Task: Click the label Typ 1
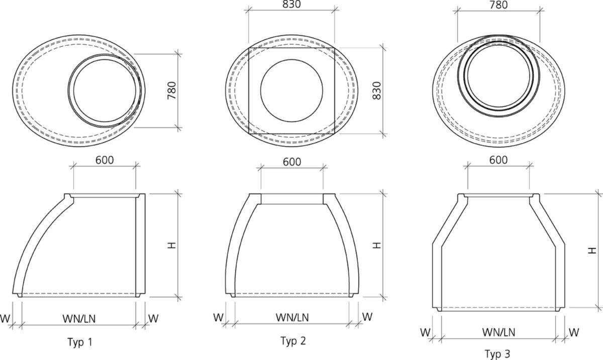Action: pyautogui.click(x=80, y=342)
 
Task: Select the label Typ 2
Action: pyautogui.click(x=292, y=341)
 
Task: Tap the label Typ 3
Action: pyautogui.click(x=497, y=354)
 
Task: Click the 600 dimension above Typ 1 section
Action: pyautogui.click(x=105, y=160)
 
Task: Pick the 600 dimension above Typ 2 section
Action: pyautogui.click(x=291, y=162)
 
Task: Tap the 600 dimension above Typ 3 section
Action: pyautogui.click(x=498, y=160)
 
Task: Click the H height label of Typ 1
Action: pyautogui.click(x=172, y=245)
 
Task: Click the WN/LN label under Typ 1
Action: pyautogui.click(x=79, y=318)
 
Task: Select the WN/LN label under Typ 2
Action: pyautogui.click(x=292, y=317)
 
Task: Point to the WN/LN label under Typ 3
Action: pyautogui.click(x=498, y=332)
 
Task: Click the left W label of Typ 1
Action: pyautogui.click(x=6, y=318)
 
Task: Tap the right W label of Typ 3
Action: pyautogui.click(x=573, y=332)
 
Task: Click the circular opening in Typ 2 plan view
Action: pyautogui.click(x=291, y=90)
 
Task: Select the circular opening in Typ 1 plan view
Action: pyautogui.click(x=104, y=90)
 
